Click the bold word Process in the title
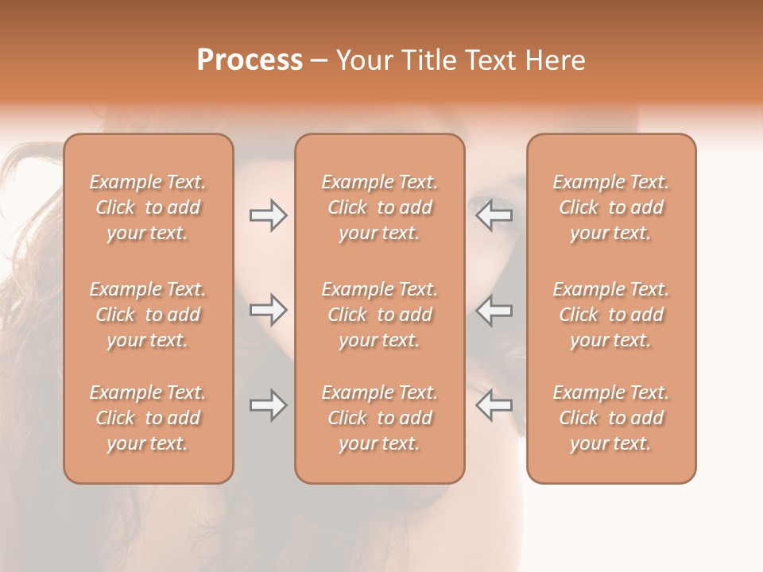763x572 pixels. (x=250, y=60)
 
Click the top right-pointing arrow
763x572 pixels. (x=268, y=215)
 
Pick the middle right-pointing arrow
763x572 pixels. (x=268, y=310)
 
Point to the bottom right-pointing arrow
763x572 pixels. (x=268, y=405)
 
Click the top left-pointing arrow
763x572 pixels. (x=494, y=215)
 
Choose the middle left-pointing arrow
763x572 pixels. (x=494, y=310)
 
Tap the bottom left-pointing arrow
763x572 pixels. (x=494, y=405)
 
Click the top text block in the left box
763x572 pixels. (x=148, y=207)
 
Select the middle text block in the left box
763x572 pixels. (x=148, y=315)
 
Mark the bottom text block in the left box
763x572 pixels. (x=148, y=418)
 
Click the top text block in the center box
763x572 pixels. (x=379, y=207)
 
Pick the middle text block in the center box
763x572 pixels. (x=379, y=315)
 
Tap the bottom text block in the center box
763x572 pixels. (x=379, y=418)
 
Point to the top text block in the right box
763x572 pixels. (x=610, y=207)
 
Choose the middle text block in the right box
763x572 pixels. (x=610, y=315)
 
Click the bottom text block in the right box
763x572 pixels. (x=610, y=418)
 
